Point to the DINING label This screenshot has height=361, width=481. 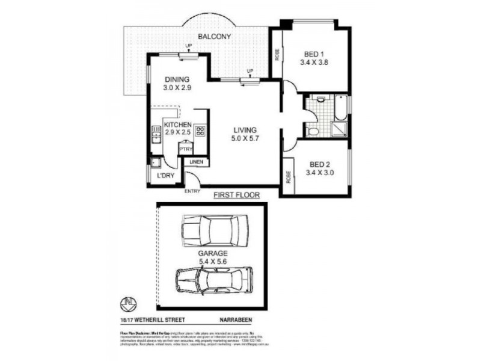pyautogui.click(x=177, y=79)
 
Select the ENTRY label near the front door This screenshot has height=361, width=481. pyautogui.click(x=192, y=191)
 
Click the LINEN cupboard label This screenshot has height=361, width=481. pyautogui.click(x=197, y=162)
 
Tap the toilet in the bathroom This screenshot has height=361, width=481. pyautogui.click(x=313, y=130)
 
